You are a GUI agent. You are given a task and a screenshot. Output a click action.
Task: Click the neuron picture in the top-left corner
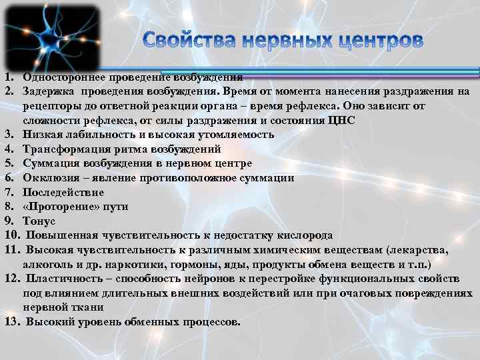(51, 36)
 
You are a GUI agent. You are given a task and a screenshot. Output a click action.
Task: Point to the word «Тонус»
(39, 221)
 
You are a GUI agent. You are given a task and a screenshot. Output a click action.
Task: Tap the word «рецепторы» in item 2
(51, 106)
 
